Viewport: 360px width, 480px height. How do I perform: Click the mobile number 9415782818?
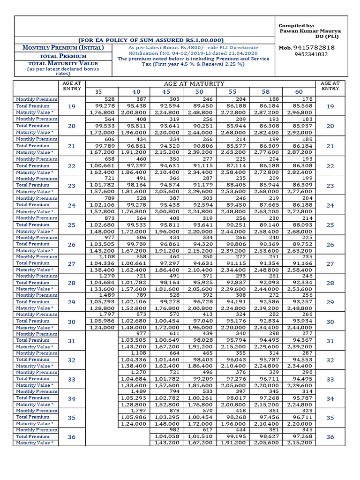point(314,48)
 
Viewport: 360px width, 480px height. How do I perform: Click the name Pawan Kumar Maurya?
point(309,30)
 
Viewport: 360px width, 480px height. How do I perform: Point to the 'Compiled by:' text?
point(297,25)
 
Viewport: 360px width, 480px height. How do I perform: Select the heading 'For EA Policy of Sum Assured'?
point(150,40)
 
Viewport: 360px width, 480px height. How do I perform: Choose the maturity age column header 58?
point(266,92)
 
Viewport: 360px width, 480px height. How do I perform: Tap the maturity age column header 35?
point(98,92)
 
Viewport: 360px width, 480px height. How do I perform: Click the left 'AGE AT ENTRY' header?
point(72,86)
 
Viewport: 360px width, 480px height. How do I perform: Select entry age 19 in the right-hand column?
point(330,106)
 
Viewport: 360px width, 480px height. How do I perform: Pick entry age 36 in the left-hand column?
point(72,436)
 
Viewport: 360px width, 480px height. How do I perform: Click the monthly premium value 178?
point(307,99)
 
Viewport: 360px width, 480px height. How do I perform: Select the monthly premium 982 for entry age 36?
point(174,430)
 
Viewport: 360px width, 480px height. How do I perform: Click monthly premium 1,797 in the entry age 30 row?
point(106,314)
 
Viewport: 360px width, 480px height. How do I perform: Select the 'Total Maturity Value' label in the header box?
point(63,63)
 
